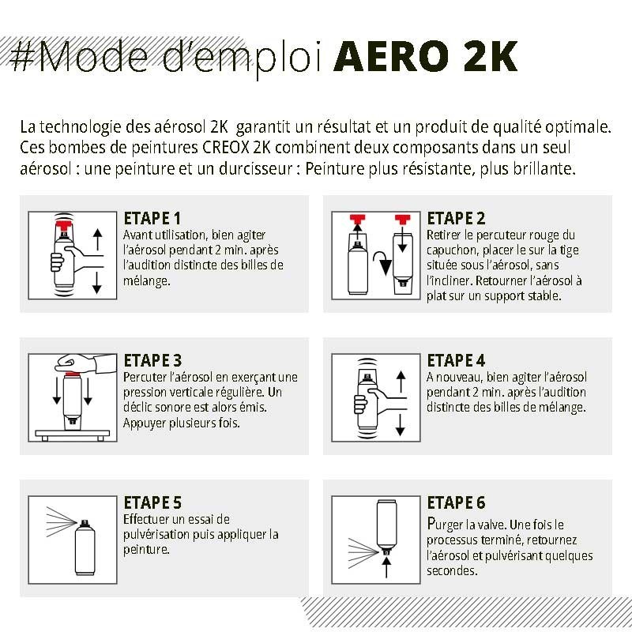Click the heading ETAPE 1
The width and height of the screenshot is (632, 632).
152,219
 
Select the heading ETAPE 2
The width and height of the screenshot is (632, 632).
456,219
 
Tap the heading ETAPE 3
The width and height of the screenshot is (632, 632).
153,361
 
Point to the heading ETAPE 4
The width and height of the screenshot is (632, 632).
456,361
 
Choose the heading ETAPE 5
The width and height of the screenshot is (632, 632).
153,503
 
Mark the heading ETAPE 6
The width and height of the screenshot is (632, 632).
456,503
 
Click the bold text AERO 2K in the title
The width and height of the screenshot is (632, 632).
426,57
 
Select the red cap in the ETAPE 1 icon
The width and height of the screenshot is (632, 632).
62,227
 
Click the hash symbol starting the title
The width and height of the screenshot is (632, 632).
23,58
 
